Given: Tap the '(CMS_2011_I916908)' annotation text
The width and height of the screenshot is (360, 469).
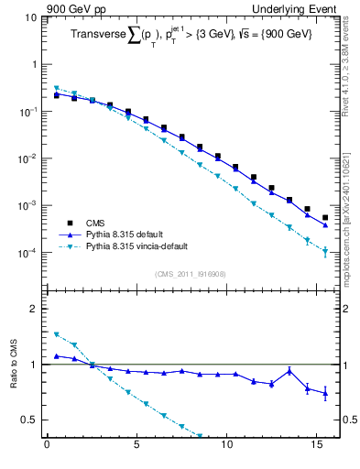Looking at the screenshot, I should tap(191, 274).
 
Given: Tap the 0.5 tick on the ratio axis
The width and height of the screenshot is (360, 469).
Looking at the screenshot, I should tap(28, 420).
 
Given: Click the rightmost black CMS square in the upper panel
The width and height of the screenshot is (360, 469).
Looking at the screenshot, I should tap(325, 218).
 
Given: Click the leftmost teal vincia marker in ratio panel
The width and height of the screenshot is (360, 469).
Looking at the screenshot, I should tap(57, 334).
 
